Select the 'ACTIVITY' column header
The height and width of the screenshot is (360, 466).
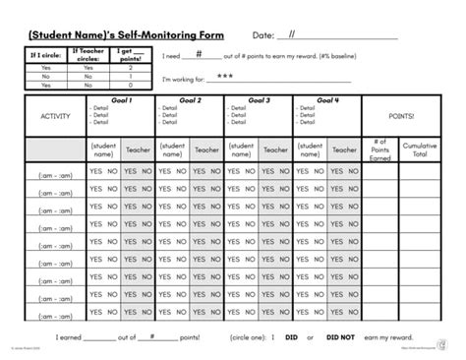click(x=55, y=116)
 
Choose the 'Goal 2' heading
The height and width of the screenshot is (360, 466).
click(x=191, y=100)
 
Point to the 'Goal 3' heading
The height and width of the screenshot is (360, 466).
click(x=259, y=100)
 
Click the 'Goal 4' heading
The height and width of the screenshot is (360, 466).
click(x=326, y=100)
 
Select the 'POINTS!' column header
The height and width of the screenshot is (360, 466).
click(x=401, y=115)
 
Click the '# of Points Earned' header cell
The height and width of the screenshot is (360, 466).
click(x=381, y=150)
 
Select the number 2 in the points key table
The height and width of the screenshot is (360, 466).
click(x=131, y=67)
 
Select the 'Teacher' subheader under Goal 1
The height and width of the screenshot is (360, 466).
click(x=139, y=150)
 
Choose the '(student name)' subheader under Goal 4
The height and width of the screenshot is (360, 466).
click(x=310, y=150)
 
